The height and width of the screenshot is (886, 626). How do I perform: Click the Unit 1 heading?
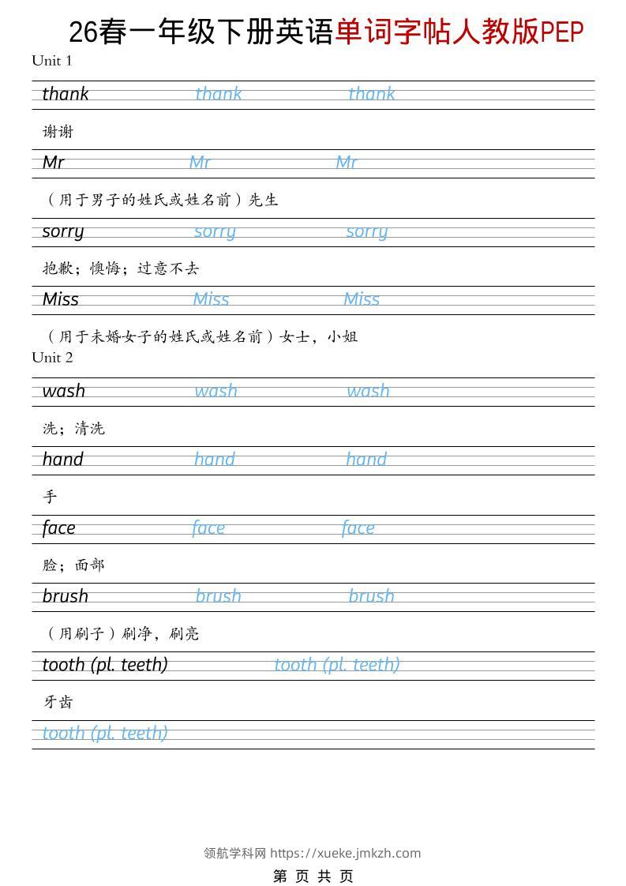(x=52, y=61)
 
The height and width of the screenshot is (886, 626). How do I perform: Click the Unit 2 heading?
(x=52, y=358)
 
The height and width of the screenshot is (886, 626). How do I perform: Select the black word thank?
(x=66, y=95)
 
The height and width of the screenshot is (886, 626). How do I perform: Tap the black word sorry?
(x=63, y=231)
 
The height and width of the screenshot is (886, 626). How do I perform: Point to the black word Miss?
(x=61, y=300)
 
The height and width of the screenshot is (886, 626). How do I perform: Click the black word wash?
(x=64, y=392)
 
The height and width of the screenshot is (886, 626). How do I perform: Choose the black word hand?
(x=63, y=460)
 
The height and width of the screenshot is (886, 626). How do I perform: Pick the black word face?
(x=59, y=528)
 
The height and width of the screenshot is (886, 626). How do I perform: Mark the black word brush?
(x=66, y=597)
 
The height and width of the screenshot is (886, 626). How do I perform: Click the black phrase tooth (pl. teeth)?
(x=105, y=665)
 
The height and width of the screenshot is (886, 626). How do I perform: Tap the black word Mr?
(x=54, y=163)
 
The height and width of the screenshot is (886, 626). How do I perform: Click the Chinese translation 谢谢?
(x=58, y=132)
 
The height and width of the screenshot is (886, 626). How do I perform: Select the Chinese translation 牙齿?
(x=58, y=702)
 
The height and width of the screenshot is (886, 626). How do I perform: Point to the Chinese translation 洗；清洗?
(x=73, y=429)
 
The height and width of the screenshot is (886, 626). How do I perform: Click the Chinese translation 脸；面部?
(x=73, y=565)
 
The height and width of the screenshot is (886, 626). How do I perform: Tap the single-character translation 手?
(x=50, y=497)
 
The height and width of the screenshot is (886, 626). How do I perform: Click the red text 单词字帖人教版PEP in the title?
(x=459, y=32)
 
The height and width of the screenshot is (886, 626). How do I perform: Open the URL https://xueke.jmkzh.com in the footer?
(x=345, y=853)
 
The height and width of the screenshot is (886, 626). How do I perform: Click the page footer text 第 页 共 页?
(x=313, y=876)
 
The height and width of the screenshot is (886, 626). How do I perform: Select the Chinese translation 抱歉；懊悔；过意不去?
(x=121, y=268)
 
